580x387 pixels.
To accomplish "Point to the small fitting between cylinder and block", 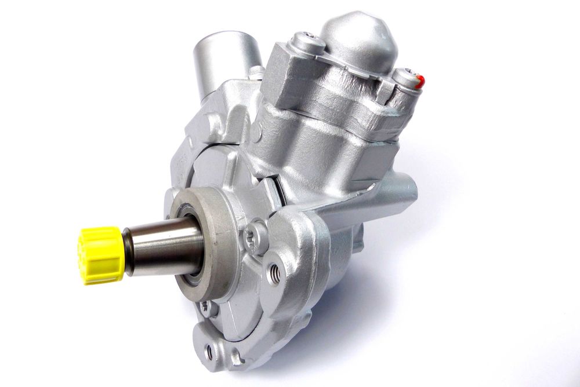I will (x=257, y=74).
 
